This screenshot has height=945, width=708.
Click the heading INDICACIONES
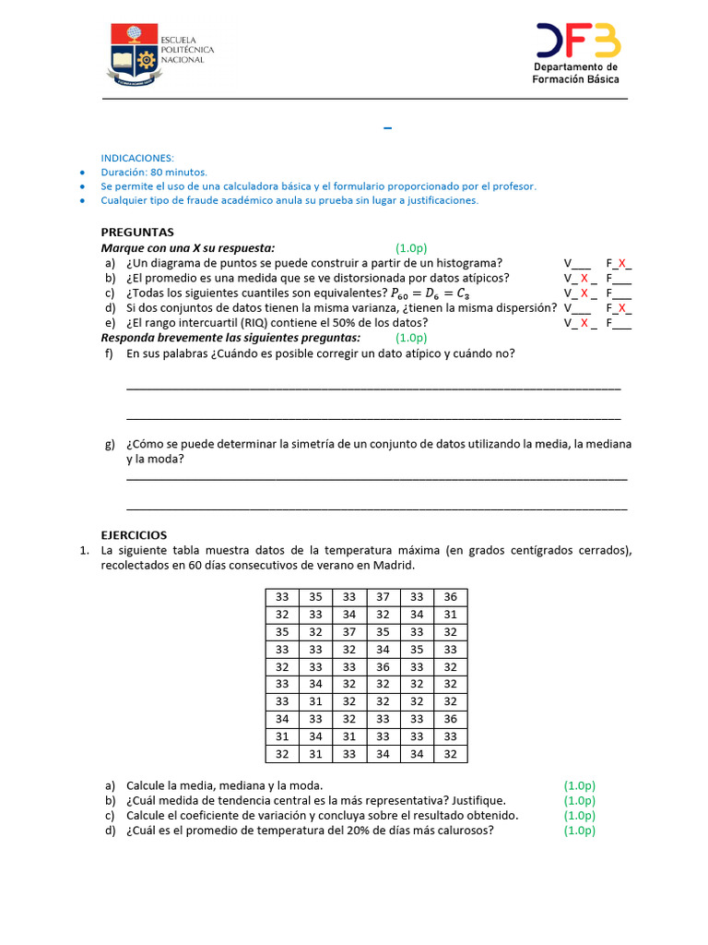(137, 158)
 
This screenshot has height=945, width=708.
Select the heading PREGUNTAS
(137, 233)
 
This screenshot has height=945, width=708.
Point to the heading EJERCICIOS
(134, 535)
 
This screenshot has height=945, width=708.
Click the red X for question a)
(623, 263)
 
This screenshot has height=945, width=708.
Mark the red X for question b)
(584, 278)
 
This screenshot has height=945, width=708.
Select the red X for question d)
(623, 308)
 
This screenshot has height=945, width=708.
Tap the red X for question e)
(584, 323)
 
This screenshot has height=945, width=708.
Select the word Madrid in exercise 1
(395, 565)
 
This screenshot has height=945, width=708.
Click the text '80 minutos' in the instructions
(180, 173)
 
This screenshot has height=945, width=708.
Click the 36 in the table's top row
(450, 597)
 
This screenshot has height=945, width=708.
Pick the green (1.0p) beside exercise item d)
(580, 831)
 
